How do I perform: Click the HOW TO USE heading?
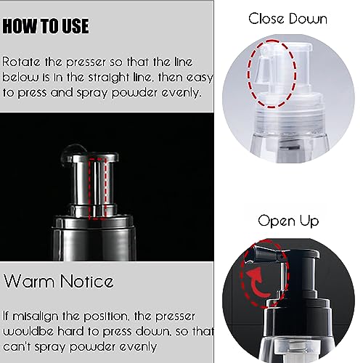point(46,27)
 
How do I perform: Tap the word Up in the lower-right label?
point(313,219)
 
